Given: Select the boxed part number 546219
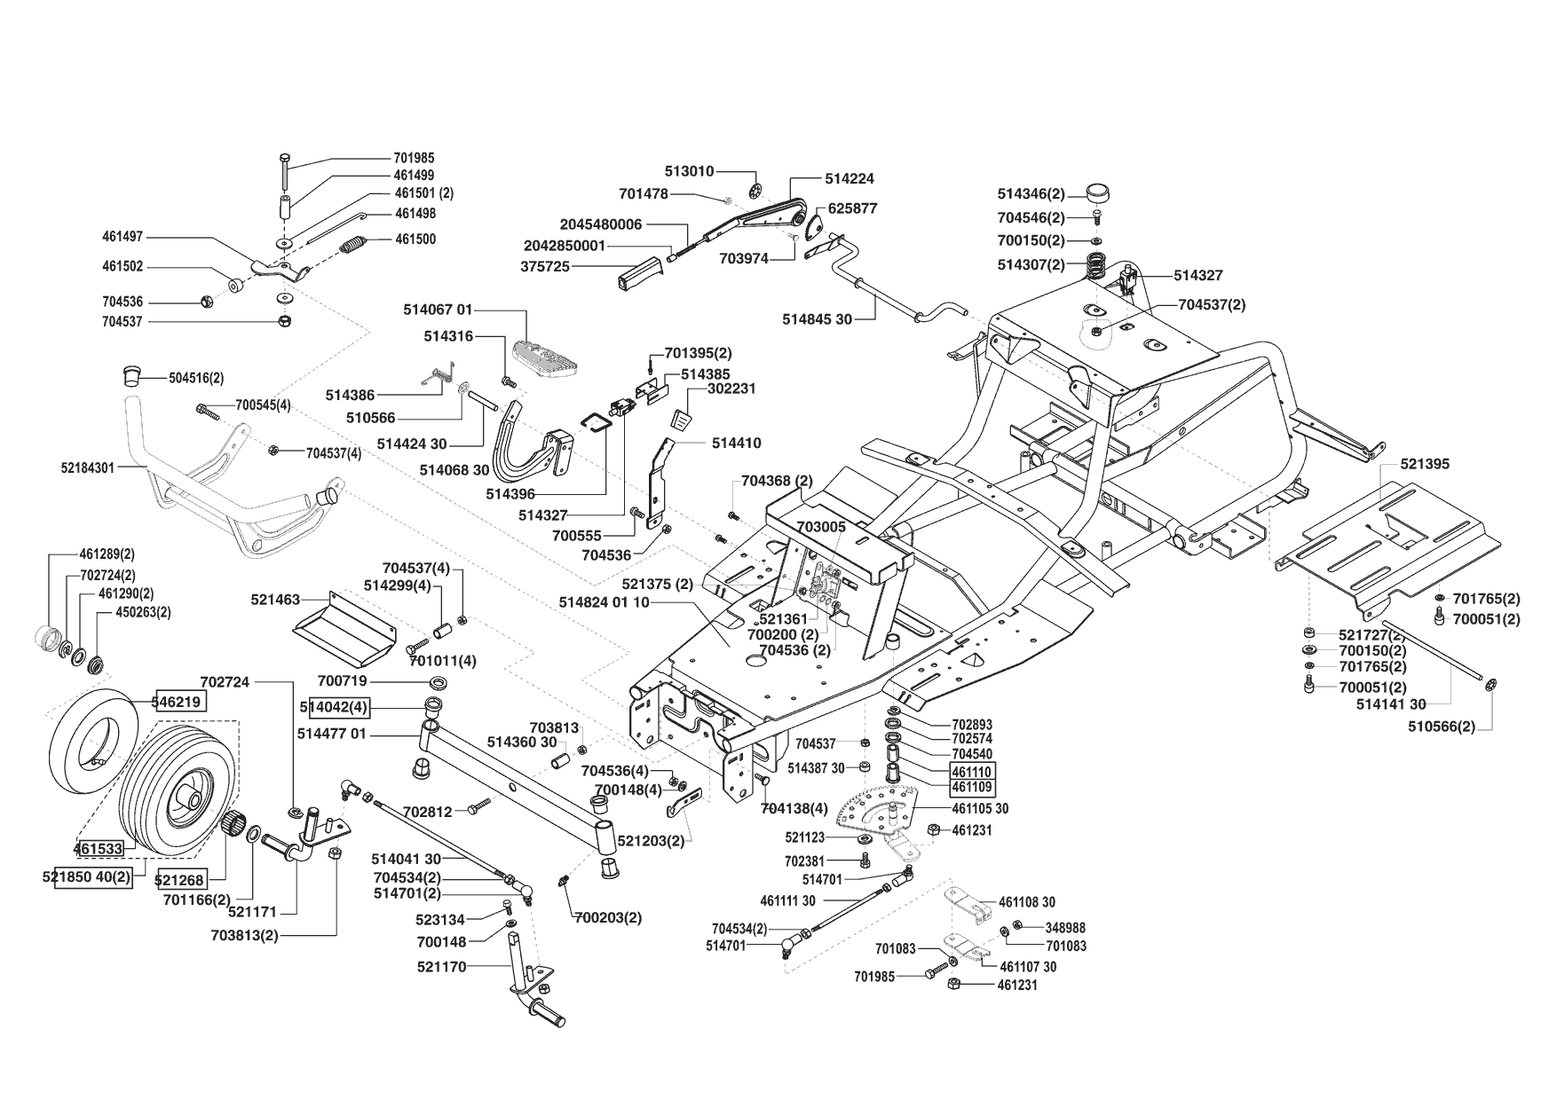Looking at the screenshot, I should pyautogui.click(x=181, y=702).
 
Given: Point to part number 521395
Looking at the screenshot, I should pyautogui.click(x=1425, y=464).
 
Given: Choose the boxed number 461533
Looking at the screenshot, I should pyautogui.click(x=99, y=849).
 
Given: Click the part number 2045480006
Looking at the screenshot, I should pyautogui.click(x=601, y=224).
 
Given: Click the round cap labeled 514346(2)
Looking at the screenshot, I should pyautogui.click(x=1098, y=193).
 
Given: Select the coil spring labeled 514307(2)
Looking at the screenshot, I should pyautogui.click(x=1100, y=264).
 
